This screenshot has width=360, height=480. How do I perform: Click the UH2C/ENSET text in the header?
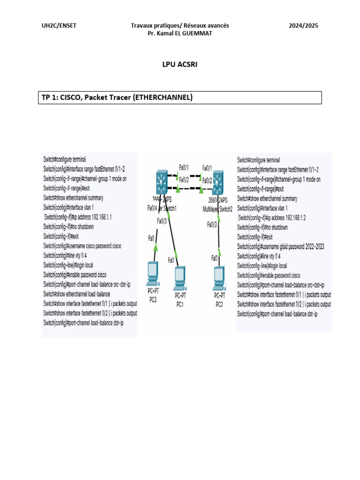click(59, 26)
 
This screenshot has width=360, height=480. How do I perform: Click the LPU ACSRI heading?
click(180, 65)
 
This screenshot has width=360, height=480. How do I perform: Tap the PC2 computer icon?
click(219, 277)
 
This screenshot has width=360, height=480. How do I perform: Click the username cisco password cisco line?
click(82, 246)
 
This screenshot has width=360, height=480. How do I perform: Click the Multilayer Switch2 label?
click(217, 209)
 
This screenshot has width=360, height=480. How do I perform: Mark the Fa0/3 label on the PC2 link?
click(212, 225)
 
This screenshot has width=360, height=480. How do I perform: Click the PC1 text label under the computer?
click(180, 304)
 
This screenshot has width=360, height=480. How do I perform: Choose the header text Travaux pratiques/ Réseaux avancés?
click(180, 26)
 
